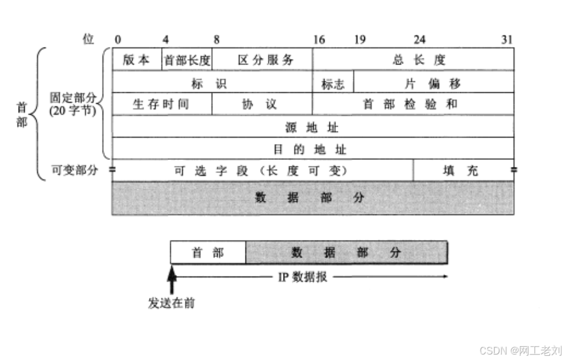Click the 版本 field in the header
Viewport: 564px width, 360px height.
137,60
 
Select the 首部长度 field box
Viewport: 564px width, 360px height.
187,60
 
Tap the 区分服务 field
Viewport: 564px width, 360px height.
262,60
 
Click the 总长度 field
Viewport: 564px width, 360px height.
413,60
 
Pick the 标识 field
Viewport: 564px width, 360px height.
212,83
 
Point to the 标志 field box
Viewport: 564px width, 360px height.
333,83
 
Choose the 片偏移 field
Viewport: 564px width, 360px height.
433,83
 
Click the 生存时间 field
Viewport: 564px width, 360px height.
162,104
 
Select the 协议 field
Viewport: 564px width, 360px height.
262,104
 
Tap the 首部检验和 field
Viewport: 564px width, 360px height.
413,104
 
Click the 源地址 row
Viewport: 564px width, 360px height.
312,127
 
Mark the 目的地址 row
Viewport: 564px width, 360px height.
312,148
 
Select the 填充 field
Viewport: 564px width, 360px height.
463,171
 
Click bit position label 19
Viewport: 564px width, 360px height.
360,40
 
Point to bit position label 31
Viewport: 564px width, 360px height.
507,40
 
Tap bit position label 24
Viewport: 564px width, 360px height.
419,40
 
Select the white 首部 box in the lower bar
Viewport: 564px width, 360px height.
208,253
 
